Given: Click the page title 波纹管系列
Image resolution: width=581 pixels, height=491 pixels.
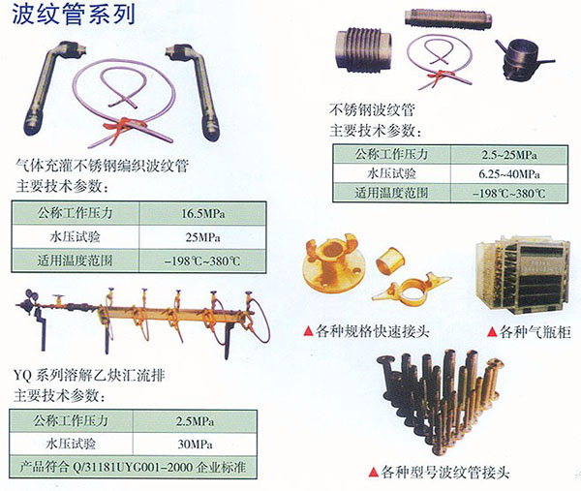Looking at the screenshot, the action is [x=74, y=14].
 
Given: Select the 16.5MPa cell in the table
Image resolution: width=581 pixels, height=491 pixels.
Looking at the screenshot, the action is [x=202, y=214].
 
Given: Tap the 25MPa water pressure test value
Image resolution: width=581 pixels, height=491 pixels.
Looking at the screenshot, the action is [x=202, y=237].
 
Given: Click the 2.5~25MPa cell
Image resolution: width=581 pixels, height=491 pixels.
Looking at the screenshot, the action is [x=509, y=155].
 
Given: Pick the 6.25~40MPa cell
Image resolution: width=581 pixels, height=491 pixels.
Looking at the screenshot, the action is [x=509, y=173].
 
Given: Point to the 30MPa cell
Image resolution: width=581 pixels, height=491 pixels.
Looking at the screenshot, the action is [x=195, y=444].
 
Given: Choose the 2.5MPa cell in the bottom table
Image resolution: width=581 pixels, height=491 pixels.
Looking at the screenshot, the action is [x=195, y=421].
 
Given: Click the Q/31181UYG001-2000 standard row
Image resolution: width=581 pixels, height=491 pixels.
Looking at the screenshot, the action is [x=133, y=467].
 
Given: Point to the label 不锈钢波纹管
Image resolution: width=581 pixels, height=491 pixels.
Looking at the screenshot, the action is [x=372, y=109].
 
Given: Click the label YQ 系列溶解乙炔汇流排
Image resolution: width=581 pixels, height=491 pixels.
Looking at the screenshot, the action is [x=89, y=376].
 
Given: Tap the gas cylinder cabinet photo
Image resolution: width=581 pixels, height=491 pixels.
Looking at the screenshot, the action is [x=523, y=275].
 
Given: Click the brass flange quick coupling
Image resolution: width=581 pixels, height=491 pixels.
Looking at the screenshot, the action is [x=331, y=261].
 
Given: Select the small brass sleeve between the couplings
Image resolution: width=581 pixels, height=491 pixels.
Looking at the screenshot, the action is [x=390, y=260].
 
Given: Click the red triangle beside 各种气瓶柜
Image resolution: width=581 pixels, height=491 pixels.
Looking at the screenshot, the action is [x=492, y=332].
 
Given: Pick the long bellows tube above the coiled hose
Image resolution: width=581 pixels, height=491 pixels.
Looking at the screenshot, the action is [x=448, y=18].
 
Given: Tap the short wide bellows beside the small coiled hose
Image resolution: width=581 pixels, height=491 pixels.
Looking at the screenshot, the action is [x=363, y=50].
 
